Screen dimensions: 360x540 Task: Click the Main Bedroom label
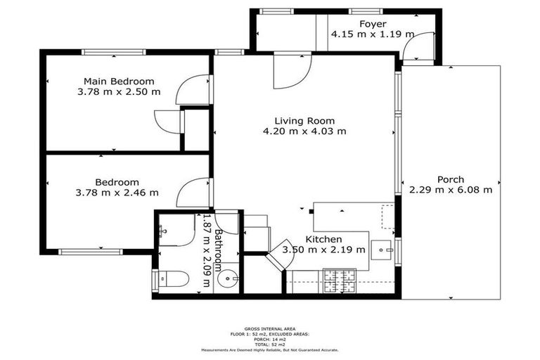[119, 81]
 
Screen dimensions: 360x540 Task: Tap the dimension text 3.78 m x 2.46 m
[117, 192]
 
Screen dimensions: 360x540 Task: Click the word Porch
[450, 179]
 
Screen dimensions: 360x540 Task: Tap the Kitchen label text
[323, 239]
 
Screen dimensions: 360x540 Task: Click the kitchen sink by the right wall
[383, 249]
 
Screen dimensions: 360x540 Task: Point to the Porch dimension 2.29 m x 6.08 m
[450, 189]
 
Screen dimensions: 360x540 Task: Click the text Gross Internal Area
[270, 328]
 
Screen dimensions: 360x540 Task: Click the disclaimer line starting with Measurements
[270, 349]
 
